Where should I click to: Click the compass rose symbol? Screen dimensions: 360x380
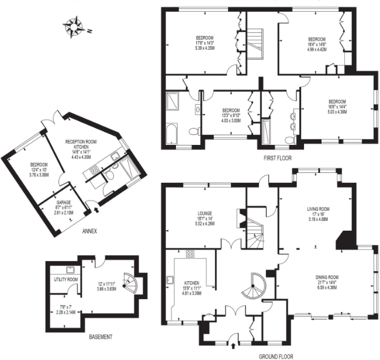pos(74,26)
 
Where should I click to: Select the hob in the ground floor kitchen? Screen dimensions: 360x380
pos(189,253)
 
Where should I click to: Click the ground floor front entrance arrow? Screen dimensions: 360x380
pos(234,336)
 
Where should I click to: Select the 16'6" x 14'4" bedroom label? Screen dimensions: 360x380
pos(340,106)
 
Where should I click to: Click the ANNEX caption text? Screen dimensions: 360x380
pos(89,230)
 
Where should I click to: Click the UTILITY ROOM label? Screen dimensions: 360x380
pos(64,279)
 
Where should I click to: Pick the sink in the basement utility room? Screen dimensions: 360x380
pos(70,269)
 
